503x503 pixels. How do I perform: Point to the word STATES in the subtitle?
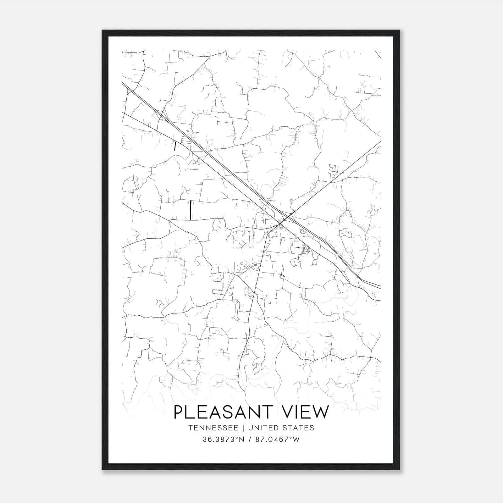coord(298,428)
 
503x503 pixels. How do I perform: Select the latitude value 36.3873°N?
coord(224,439)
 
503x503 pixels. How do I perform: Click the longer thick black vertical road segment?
coord(191,210)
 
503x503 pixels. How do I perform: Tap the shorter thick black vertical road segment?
coord(175,146)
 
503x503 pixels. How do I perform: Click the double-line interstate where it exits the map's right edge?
coord(379,287)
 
